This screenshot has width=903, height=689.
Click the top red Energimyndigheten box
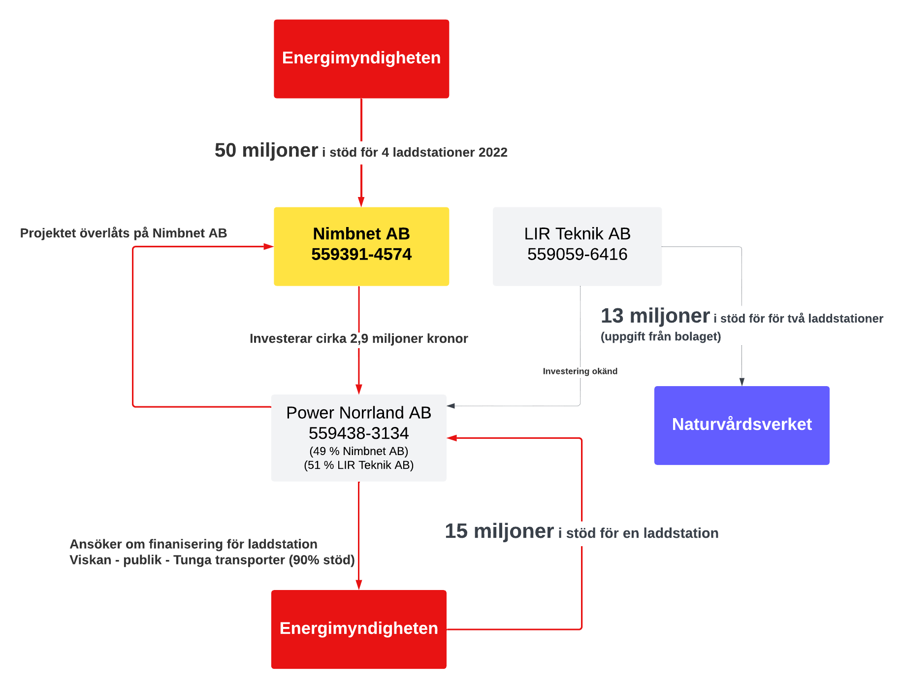361,59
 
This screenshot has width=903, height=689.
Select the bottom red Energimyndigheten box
358,629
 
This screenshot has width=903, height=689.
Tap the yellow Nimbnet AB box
361,246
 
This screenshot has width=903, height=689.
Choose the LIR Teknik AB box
577,246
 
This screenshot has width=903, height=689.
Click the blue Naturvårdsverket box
742,425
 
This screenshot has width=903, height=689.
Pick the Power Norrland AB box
358,437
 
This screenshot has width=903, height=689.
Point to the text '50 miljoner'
266,151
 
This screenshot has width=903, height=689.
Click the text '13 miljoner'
655,316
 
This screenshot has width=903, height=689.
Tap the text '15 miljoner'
499,531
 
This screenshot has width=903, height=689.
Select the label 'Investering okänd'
580,371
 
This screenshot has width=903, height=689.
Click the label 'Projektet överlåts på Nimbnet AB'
123,233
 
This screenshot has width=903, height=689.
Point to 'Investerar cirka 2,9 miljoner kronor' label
358,338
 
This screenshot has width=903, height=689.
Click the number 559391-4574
361,255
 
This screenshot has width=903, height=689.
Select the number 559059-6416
577,255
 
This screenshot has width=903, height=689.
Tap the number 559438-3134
358,433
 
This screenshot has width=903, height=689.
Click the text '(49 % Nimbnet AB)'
358,451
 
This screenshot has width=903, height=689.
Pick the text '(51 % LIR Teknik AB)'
358,465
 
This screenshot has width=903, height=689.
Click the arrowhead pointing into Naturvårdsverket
742,382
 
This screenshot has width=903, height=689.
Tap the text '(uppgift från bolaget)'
660,336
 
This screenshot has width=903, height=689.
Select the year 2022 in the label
492,153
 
